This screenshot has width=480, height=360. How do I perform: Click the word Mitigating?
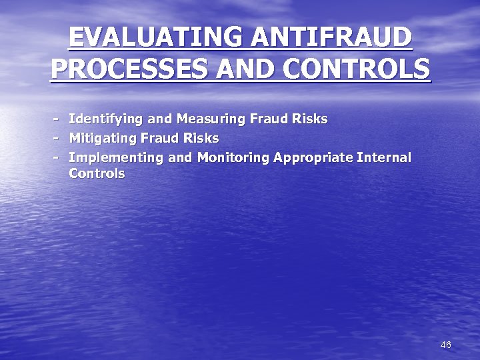(x=103, y=139)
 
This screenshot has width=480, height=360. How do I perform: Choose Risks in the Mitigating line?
(x=201, y=139)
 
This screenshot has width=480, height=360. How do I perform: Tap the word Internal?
(x=385, y=158)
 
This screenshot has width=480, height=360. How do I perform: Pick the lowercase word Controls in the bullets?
(x=97, y=173)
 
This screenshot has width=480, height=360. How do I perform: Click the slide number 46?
(x=446, y=345)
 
